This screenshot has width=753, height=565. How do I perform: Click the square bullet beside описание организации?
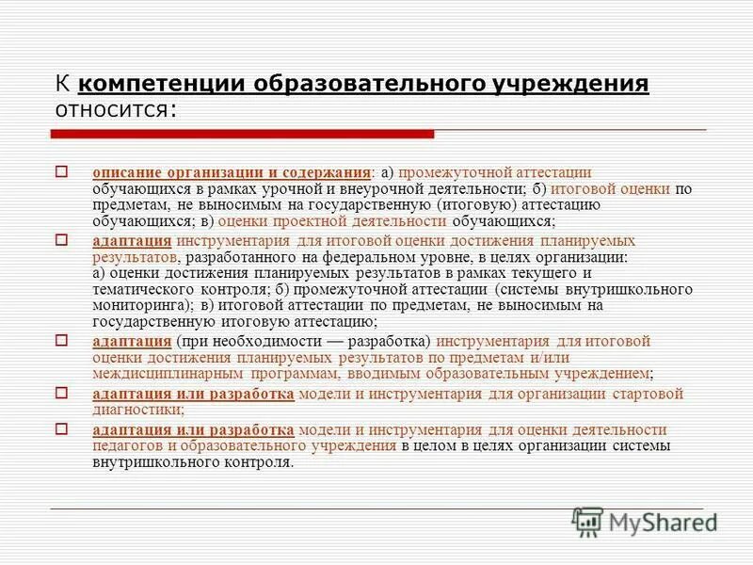click(62, 172)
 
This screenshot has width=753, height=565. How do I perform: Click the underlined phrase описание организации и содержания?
click(230, 173)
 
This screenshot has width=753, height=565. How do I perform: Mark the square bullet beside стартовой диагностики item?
click(62, 393)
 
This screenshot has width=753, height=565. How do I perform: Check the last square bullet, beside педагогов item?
click(62, 428)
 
